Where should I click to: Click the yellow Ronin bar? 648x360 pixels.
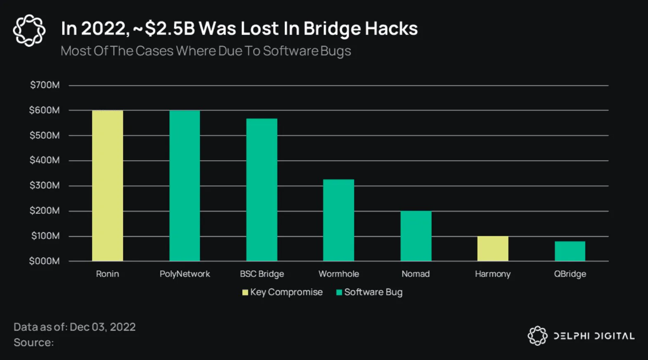pyautogui.click(x=107, y=186)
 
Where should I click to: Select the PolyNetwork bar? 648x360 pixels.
pyautogui.click(x=184, y=186)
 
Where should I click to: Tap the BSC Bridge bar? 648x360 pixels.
pyautogui.click(x=262, y=190)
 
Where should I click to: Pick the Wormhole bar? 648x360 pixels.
pyautogui.click(x=338, y=220)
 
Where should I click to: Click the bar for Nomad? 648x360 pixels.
pyautogui.click(x=416, y=236)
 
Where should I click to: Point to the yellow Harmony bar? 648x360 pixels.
pyautogui.click(x=493, y=249)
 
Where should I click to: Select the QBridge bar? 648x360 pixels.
pyautogui.click(x=570, y=251)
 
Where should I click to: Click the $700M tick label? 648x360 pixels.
pyautogui.click(x=45, y=85)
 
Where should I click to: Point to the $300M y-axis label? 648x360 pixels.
pyautogui.click(x=45, y=185)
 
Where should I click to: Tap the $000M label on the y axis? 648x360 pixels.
pyautogui.click(x=44, y=261)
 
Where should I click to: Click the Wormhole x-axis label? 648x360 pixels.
pyautogui.click(x=338, y=274)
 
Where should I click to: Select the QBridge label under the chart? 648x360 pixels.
pyautogui.click(x=570, y=274)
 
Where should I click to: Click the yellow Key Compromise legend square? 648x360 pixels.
pyautogui.click(x=245, y=293)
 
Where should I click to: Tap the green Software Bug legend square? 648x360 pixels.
pyautogui.click(x=339, y=293)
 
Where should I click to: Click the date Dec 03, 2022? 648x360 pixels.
pyautogui.click(x=102, y=327)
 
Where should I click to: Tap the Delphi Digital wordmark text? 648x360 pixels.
pyautogui.click(x=594, y=336)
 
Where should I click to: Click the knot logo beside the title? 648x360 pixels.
pyautogui.click(x=29, y=30)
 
